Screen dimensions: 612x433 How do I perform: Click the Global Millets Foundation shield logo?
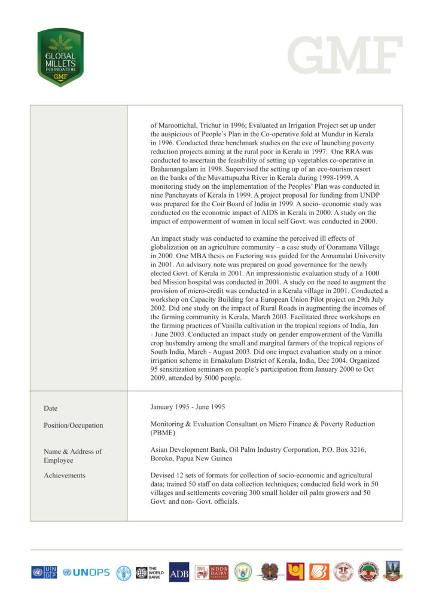tap(60, 57)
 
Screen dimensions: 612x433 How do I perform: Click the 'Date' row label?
tap(50, 408)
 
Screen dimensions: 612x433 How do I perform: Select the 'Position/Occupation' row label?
tap(73, 426)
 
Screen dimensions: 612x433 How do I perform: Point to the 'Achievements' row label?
tap(64, 476)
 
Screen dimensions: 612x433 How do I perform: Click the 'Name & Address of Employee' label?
tap(72, 455)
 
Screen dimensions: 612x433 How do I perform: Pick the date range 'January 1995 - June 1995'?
tap(188, 407)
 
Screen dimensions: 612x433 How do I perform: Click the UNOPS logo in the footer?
tap(87, 572)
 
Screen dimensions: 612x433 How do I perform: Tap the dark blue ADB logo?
tap(179, 572)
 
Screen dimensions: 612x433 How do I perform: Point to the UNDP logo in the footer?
tap(44, 572)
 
